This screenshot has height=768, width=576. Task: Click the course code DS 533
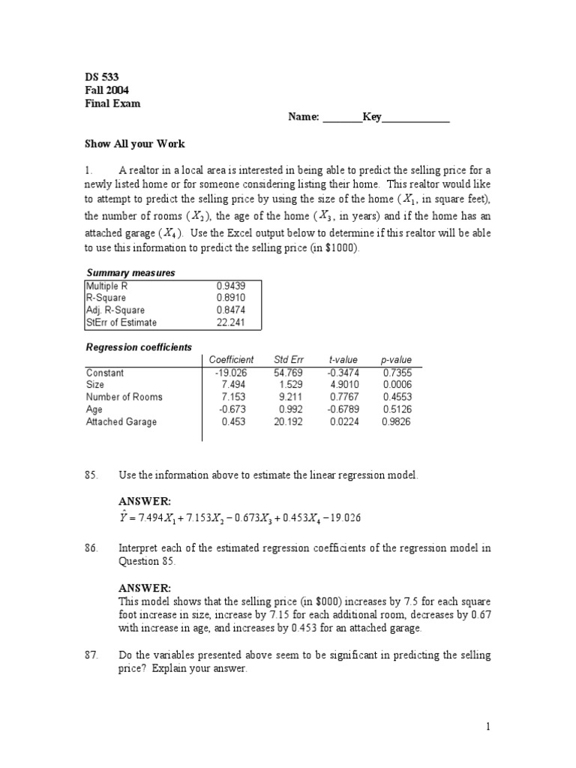tap(101, 76)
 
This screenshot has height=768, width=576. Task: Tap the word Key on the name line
tap(372, 117)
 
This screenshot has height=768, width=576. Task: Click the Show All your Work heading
tap(134, 144)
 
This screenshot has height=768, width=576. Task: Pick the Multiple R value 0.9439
tap(229, 286)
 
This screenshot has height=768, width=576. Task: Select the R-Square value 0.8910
tap(229, 298)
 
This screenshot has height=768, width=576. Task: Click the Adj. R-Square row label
tap(115, 310)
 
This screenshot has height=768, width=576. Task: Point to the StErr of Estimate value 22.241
tap(229, 322)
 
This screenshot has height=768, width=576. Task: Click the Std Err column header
tap(289, 360)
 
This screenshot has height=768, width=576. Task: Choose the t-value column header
tap(342, 360)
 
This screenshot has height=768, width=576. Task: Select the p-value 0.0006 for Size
tap(396, 385)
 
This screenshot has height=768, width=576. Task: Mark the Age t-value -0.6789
tap(341, 409)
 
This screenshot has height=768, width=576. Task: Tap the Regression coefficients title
tap(139, 347)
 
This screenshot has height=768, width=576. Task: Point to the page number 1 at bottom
tap(487, 727)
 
